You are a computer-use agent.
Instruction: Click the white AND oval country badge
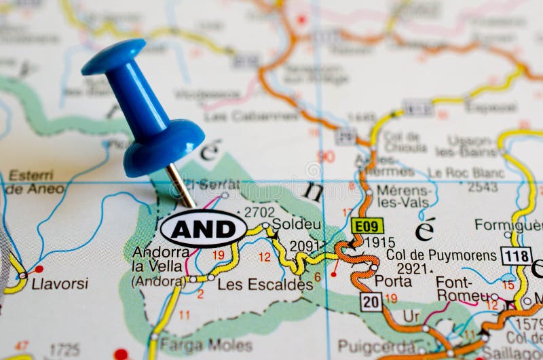204,228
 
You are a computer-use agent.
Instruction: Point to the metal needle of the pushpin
181,185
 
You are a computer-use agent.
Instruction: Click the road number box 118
516,255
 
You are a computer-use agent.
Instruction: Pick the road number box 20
371,302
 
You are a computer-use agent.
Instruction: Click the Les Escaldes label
265,285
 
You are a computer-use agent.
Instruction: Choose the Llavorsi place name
60,283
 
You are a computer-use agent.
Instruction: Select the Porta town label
392,281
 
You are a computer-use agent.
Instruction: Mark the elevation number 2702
259,212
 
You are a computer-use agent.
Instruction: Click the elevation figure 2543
483,186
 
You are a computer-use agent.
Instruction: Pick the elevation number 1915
379,242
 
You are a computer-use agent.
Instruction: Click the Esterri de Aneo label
35,182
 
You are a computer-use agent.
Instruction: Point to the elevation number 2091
304,246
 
